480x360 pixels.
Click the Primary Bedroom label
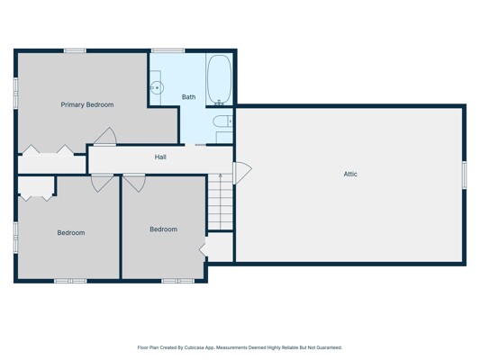point(87,104)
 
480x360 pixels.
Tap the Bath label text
point(188,97)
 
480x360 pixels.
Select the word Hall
point(160,157)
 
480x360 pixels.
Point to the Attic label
point(350,174)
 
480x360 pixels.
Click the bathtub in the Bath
point(219,80)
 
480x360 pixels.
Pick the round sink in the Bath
point(157,88)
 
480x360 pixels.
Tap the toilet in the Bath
point(222,121)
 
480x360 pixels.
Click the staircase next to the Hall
point(220,202)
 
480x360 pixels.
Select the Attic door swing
point(242,173)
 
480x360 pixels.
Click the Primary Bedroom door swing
point(105,136)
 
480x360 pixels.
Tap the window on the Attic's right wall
point(464,175)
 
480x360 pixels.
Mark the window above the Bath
point(168,50)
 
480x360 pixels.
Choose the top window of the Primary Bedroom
point(75,50)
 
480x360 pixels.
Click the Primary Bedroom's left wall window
point(15,93)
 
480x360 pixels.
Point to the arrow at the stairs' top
point(221,176)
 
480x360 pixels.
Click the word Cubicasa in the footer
point(193,347)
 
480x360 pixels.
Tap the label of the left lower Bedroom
point(71,233)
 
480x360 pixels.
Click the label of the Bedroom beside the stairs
point(164,229)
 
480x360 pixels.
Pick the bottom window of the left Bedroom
point(70,281)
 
